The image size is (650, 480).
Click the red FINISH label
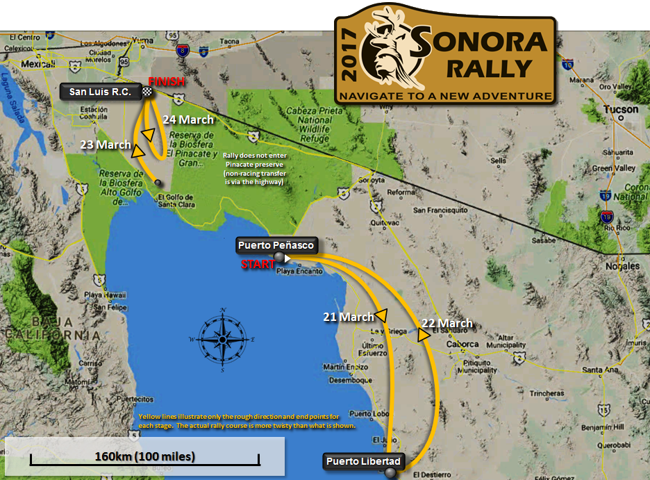[167, 82]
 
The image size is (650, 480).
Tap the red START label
[254, 264]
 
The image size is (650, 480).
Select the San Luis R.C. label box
[100, 91]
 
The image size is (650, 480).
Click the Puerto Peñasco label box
[276, 245]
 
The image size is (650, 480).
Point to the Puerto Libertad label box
[362, 461]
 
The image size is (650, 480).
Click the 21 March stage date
[348, 317]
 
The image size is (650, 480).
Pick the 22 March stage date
[447, 323]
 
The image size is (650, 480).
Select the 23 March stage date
[106, 144]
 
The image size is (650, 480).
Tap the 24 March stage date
[187, 119]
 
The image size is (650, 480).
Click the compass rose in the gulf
[223, 339]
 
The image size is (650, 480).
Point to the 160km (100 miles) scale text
[145, 456]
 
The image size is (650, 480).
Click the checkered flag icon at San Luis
[147, 91]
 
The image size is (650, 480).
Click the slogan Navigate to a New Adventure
[444, 95]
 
